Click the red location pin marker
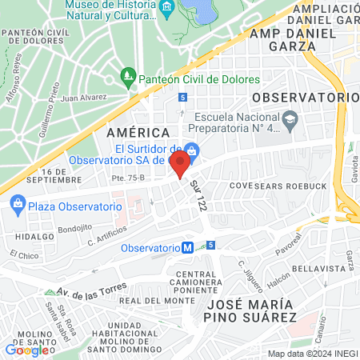tap(181, 163)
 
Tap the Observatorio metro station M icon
tap(187, 248)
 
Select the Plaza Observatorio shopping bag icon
tap(16, 206)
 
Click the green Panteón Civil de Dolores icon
tap(126, 78)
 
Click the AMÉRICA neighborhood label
tap(138, 132)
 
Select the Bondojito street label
tap(74, 227)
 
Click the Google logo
tap(25, 350)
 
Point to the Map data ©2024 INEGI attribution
tap(311, 354)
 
